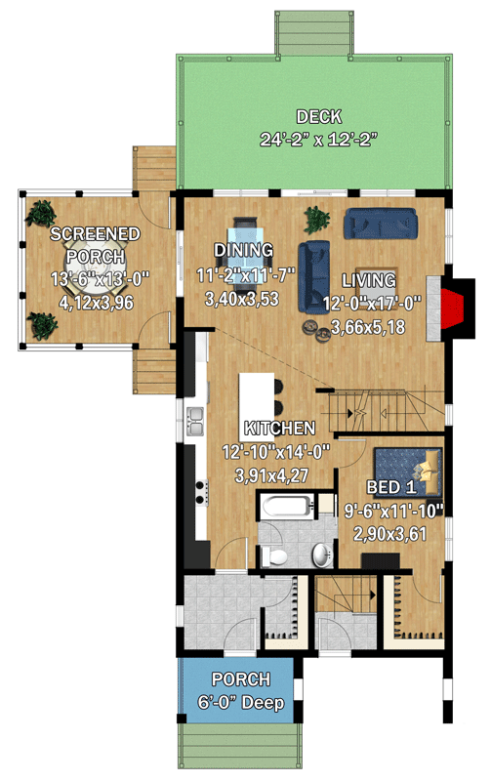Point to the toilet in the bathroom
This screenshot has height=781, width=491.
[x=276, y=556]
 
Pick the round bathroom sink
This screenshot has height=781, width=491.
[x=322, y=555]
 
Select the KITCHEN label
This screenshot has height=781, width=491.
[x=279, y=429]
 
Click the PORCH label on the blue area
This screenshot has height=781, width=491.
[x=240, y=679]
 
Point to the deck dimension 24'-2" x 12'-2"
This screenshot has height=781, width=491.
[x=318, y=139]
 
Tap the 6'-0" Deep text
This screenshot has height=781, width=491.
[x=240, y=702]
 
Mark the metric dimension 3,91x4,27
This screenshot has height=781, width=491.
[x=278, y=475]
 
